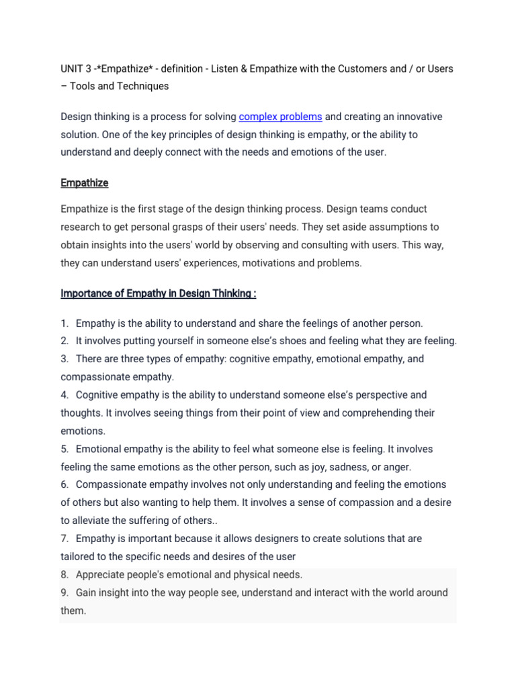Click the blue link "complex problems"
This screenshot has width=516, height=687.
[x=280, y=117]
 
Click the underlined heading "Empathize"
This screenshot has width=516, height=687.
[x=84, y=182]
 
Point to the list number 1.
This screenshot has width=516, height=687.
[x=64, y=323]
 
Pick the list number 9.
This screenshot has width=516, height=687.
[x=64, y=593]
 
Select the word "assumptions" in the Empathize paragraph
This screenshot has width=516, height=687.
[x=385, y=227]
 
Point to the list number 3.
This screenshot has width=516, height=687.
[x=64, y=359]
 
